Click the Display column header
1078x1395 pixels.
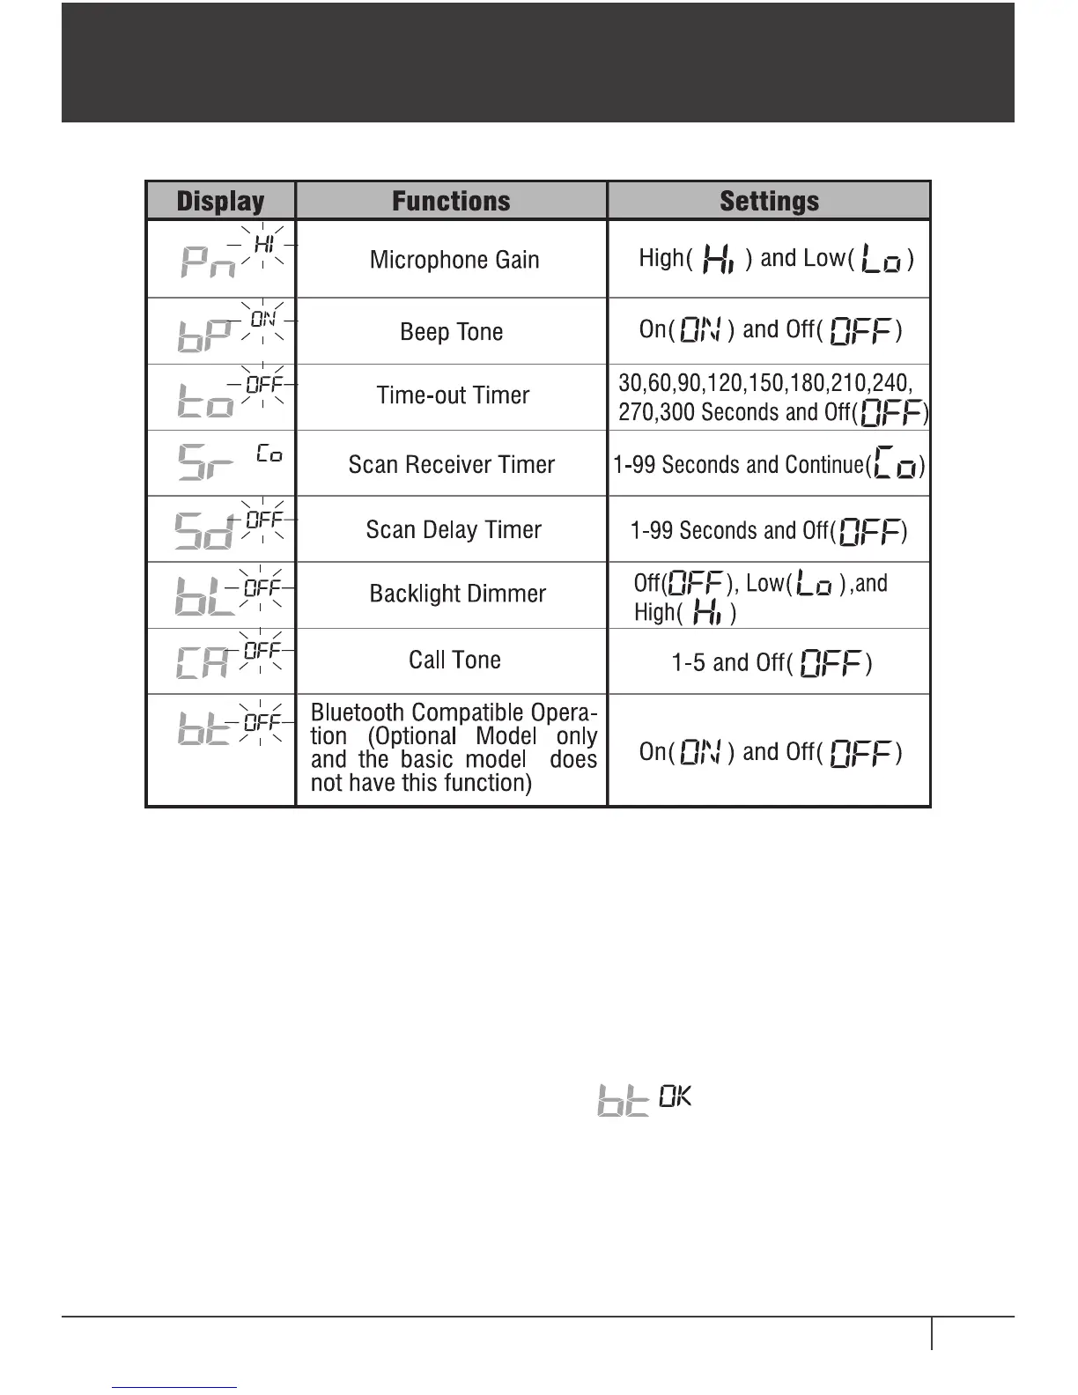coord(220,202)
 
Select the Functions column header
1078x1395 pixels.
coord(451,202)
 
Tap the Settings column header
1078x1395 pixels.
coord(769,202)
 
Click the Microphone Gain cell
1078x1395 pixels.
coord(454,260)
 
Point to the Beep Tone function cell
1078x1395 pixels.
coord(452,332)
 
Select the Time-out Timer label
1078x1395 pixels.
coord(453,395)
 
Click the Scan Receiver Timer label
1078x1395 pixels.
coord(452,465)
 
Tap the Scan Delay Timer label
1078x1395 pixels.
coord(454,530)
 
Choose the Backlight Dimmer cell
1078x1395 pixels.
coord(458,594)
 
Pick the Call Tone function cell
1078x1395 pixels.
coord(454,661)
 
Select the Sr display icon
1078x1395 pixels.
coord(206,462)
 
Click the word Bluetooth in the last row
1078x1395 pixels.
coord(357,712)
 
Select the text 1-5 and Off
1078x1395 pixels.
coord(731,663)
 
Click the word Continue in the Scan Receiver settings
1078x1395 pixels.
coord(823,465)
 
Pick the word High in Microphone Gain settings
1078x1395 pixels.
coord(661,258)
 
